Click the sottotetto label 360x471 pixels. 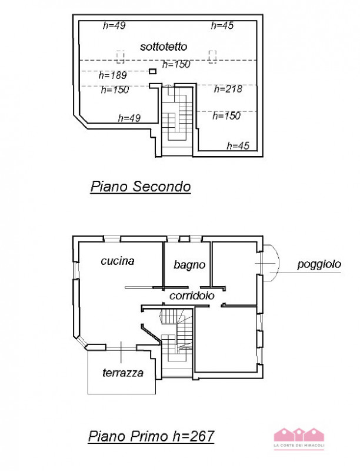pyautogui.click(x=164, y=46)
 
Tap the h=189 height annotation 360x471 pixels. pyautogui.click(x=112, y=75)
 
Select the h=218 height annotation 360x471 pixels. pyautogui.click(x=228, y=89)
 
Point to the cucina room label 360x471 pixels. pyautogui.click(x=118, y=260)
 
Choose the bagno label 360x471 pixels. pyautogui.click(x=189, y=265)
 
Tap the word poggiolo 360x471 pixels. pyautogui.click(x=319, y=265)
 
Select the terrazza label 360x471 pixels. pyautogui.click(x=122, y=373)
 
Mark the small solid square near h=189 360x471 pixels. pyautogui.click(x=152, y=71)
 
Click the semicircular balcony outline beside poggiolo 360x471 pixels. pyautogui.click(x=270, y=262)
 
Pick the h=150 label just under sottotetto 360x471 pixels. pyautogui.click(x=175, y=64)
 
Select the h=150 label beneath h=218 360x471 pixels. pyautogui.click(x=226, y=116)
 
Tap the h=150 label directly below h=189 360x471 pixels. pyautogui.click(x=115, y=90)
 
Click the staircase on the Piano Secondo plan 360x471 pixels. pyautogui.click(x=177, y=118)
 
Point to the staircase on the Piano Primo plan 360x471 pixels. pyautogui.click(x=176, y=341)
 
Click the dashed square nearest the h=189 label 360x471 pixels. pyautogui.click(x=121, y=57)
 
